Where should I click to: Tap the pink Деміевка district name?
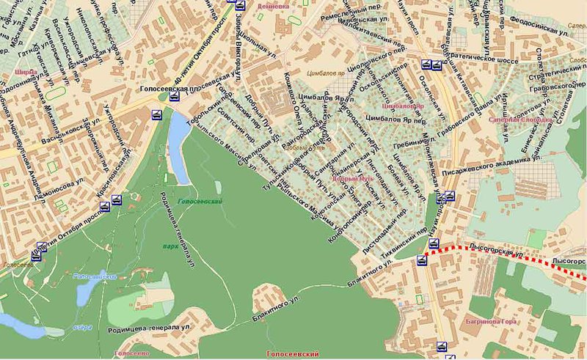pyautogui.click(x=271, y=5)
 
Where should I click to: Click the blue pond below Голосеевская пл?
pyautogui.click(x=178, y=147)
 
